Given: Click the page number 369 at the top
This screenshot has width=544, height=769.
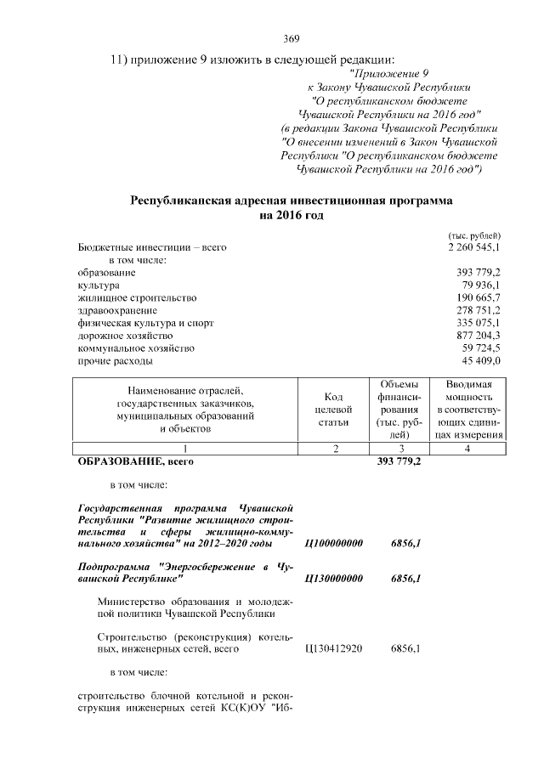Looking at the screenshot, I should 291,38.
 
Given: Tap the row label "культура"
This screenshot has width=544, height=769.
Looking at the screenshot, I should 99,286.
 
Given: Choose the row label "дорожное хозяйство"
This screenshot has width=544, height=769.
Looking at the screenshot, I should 124,336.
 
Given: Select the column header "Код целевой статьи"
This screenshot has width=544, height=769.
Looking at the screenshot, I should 334,410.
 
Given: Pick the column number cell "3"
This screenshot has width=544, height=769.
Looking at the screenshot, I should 399,448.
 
